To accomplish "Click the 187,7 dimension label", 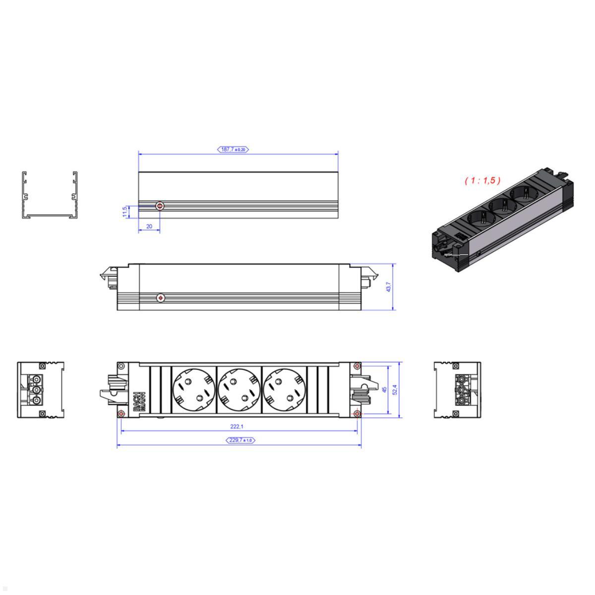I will coord(233,149).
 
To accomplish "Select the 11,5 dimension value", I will coord(125,211).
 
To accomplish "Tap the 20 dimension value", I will coord(149,226).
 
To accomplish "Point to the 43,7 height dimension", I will coord(388,287).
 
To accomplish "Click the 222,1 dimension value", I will coord(237,426).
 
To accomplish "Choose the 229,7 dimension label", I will coord(240,440).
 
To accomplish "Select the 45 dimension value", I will coord(384,390).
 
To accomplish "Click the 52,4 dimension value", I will coord(395,390).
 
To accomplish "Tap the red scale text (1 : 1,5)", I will coord(482,180).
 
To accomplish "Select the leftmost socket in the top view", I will coord(194,390).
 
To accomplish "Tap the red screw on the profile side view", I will coord(160,206).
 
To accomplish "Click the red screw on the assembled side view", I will coord(160,297).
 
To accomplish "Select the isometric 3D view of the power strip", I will coord(502,222).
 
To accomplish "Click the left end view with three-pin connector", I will coord(41,390).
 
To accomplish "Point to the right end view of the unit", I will coord(457,390).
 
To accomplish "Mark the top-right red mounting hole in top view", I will coord(357,366).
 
